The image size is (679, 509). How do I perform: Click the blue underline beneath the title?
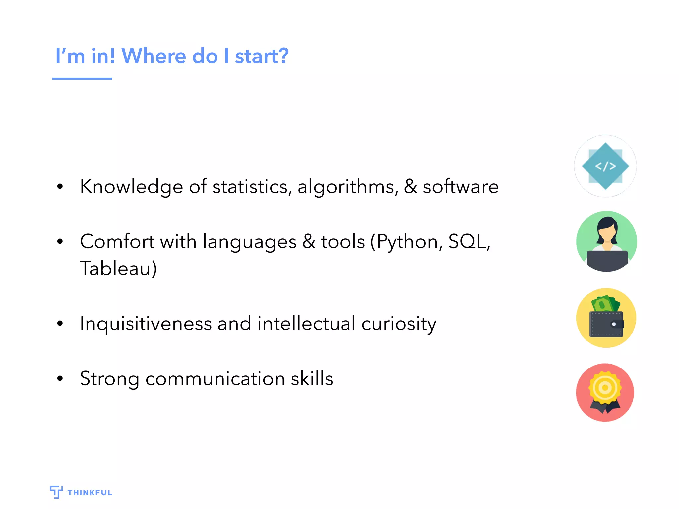coord(82,79)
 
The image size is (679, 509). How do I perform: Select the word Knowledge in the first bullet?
coord(131,187)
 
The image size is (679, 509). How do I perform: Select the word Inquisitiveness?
coord(146,324)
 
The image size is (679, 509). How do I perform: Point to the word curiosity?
coord(399,324)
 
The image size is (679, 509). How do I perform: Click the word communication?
coord(215,379)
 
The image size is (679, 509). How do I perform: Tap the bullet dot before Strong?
coord(60,378)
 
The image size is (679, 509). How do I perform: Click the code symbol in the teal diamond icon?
coord(605,166)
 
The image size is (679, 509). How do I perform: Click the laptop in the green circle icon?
coord(607,260)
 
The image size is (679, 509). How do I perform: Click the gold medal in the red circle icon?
coord(605,388)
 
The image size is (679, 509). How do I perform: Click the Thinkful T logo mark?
coord(56,492)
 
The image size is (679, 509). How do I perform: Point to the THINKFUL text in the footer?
coord(90,493)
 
